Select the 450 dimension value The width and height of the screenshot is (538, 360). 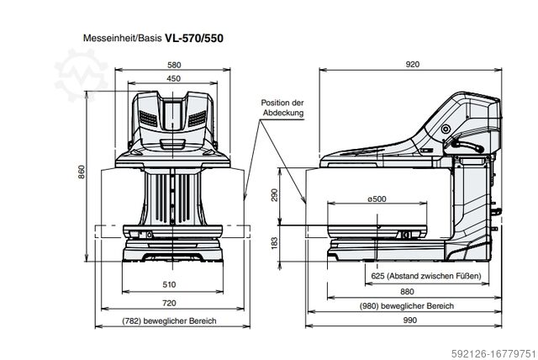[173, 79]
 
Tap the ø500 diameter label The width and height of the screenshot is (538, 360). [377, 199]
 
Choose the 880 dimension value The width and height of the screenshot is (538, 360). [407, 292]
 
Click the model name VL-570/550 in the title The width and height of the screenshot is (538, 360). [193, 38]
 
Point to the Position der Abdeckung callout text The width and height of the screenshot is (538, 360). [281, 107]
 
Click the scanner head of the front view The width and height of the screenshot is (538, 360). [172, 118]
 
